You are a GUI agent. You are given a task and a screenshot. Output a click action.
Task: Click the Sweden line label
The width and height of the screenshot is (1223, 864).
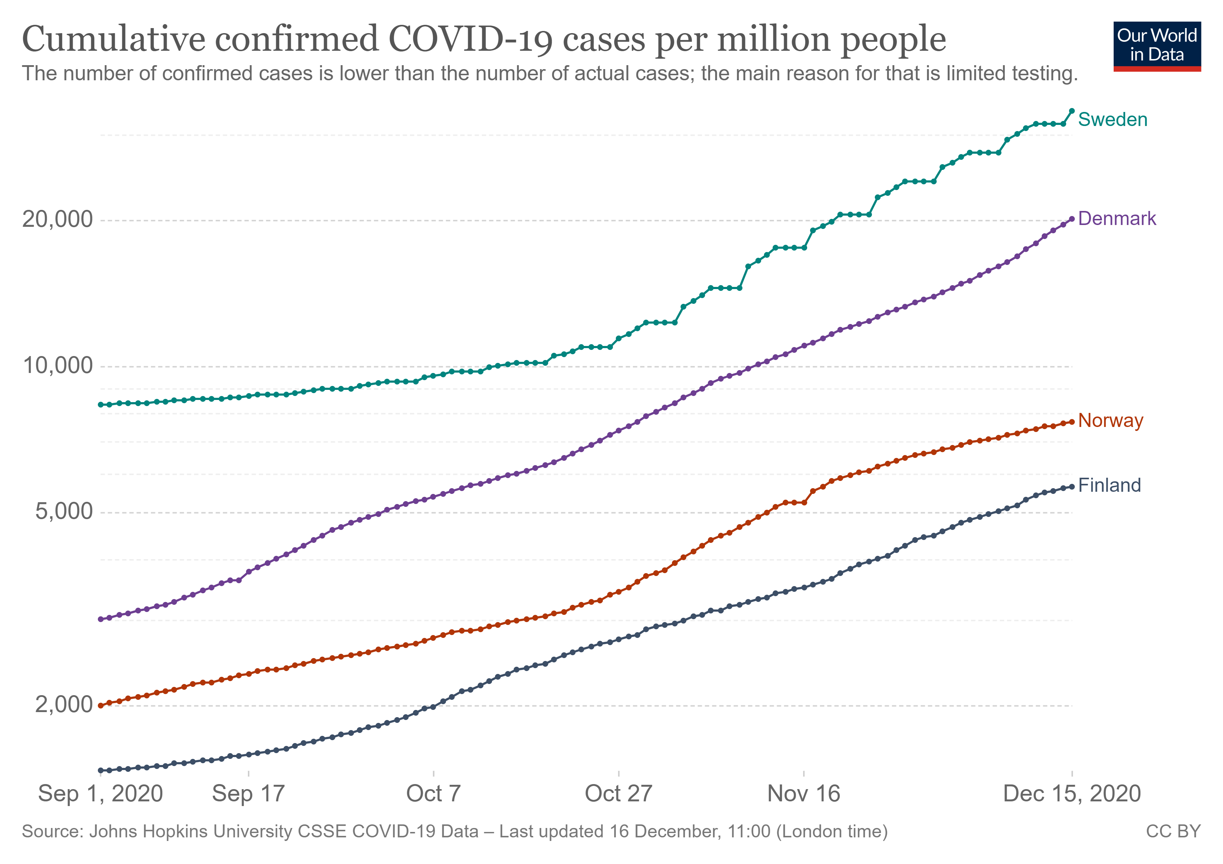point(1112,120)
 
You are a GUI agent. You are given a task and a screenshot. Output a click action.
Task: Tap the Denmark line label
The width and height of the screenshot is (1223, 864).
point(1117,219)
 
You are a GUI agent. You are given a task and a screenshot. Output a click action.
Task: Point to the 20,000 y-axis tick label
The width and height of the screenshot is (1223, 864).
point(57,219)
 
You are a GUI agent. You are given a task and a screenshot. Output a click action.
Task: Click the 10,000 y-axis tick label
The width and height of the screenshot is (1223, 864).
point(57,366)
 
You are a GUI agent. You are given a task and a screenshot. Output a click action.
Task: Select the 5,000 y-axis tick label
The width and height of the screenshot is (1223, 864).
point(63,512)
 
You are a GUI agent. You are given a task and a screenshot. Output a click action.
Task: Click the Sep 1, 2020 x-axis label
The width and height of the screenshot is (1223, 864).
point(100,794)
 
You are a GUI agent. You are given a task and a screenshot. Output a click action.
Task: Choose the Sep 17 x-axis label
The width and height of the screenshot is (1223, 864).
point(248,794)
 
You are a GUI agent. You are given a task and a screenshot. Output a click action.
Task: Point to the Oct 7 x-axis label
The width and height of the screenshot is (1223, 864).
point(433,794)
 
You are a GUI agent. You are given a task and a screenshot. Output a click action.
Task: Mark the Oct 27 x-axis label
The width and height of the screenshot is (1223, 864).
point(618,794)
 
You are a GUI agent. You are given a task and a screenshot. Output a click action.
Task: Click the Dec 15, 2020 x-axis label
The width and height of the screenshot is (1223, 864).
point(1072,794)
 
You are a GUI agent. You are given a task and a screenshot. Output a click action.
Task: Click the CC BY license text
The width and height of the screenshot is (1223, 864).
point(1173,832)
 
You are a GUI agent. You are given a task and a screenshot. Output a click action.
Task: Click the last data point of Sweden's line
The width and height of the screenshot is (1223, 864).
point(1072,111)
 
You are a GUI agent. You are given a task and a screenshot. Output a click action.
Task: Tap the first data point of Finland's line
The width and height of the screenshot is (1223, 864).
point(101,770)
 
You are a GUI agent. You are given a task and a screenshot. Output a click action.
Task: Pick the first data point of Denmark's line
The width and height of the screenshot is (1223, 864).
point(101,619)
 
